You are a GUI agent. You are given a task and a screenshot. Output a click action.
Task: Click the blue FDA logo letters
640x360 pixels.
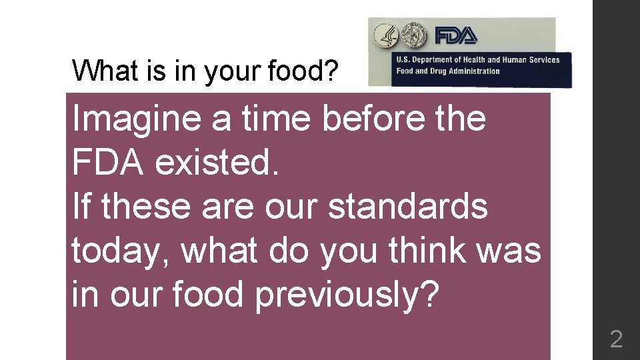pos(456,35)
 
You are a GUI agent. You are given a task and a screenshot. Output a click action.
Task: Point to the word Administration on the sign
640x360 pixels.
pos(474,71)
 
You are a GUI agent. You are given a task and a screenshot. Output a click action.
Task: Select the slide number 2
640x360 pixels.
pos(616,339)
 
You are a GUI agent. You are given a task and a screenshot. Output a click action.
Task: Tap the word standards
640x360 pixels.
pos(407,207)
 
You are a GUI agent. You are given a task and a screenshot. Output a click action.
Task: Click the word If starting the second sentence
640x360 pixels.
pos(81,207)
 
